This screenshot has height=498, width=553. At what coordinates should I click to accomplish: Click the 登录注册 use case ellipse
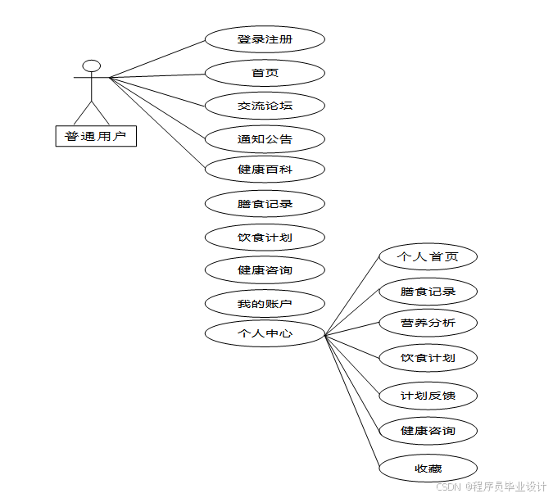tap(265, 39)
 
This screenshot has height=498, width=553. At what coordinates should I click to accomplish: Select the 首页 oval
tap(265, 73)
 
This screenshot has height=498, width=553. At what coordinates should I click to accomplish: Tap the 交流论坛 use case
tap(265, 106)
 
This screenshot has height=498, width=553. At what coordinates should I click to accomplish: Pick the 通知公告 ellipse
tap(265, 138)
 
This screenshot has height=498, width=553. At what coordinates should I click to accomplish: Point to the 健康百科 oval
tap(265, 170)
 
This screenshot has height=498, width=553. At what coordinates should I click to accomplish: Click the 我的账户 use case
tap(265, 304)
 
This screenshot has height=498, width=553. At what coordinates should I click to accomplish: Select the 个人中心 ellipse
tap(265, 333)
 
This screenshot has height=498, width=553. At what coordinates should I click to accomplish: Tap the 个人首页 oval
tap(427, 256)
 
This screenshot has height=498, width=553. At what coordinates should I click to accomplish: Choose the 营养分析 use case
tap(427, 323)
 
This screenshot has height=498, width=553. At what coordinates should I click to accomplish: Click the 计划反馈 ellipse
tap(427, 396)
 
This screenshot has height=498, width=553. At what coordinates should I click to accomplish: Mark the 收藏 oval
tap(427, 469)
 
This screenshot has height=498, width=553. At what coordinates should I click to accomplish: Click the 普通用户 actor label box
tap(96, 136)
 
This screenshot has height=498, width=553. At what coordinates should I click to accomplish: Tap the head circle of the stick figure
tap(92, 66)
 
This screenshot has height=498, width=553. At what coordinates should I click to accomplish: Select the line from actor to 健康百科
tap(157, 124)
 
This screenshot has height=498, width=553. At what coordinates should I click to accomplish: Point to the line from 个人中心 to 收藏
tap(352, 401)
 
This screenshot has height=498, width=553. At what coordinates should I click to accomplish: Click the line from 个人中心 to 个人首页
tap(352, 295)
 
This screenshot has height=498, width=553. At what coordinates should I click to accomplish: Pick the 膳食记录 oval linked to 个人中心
tap(427, 291)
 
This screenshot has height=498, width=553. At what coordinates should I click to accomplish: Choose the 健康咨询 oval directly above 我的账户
tap(265, 269)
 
